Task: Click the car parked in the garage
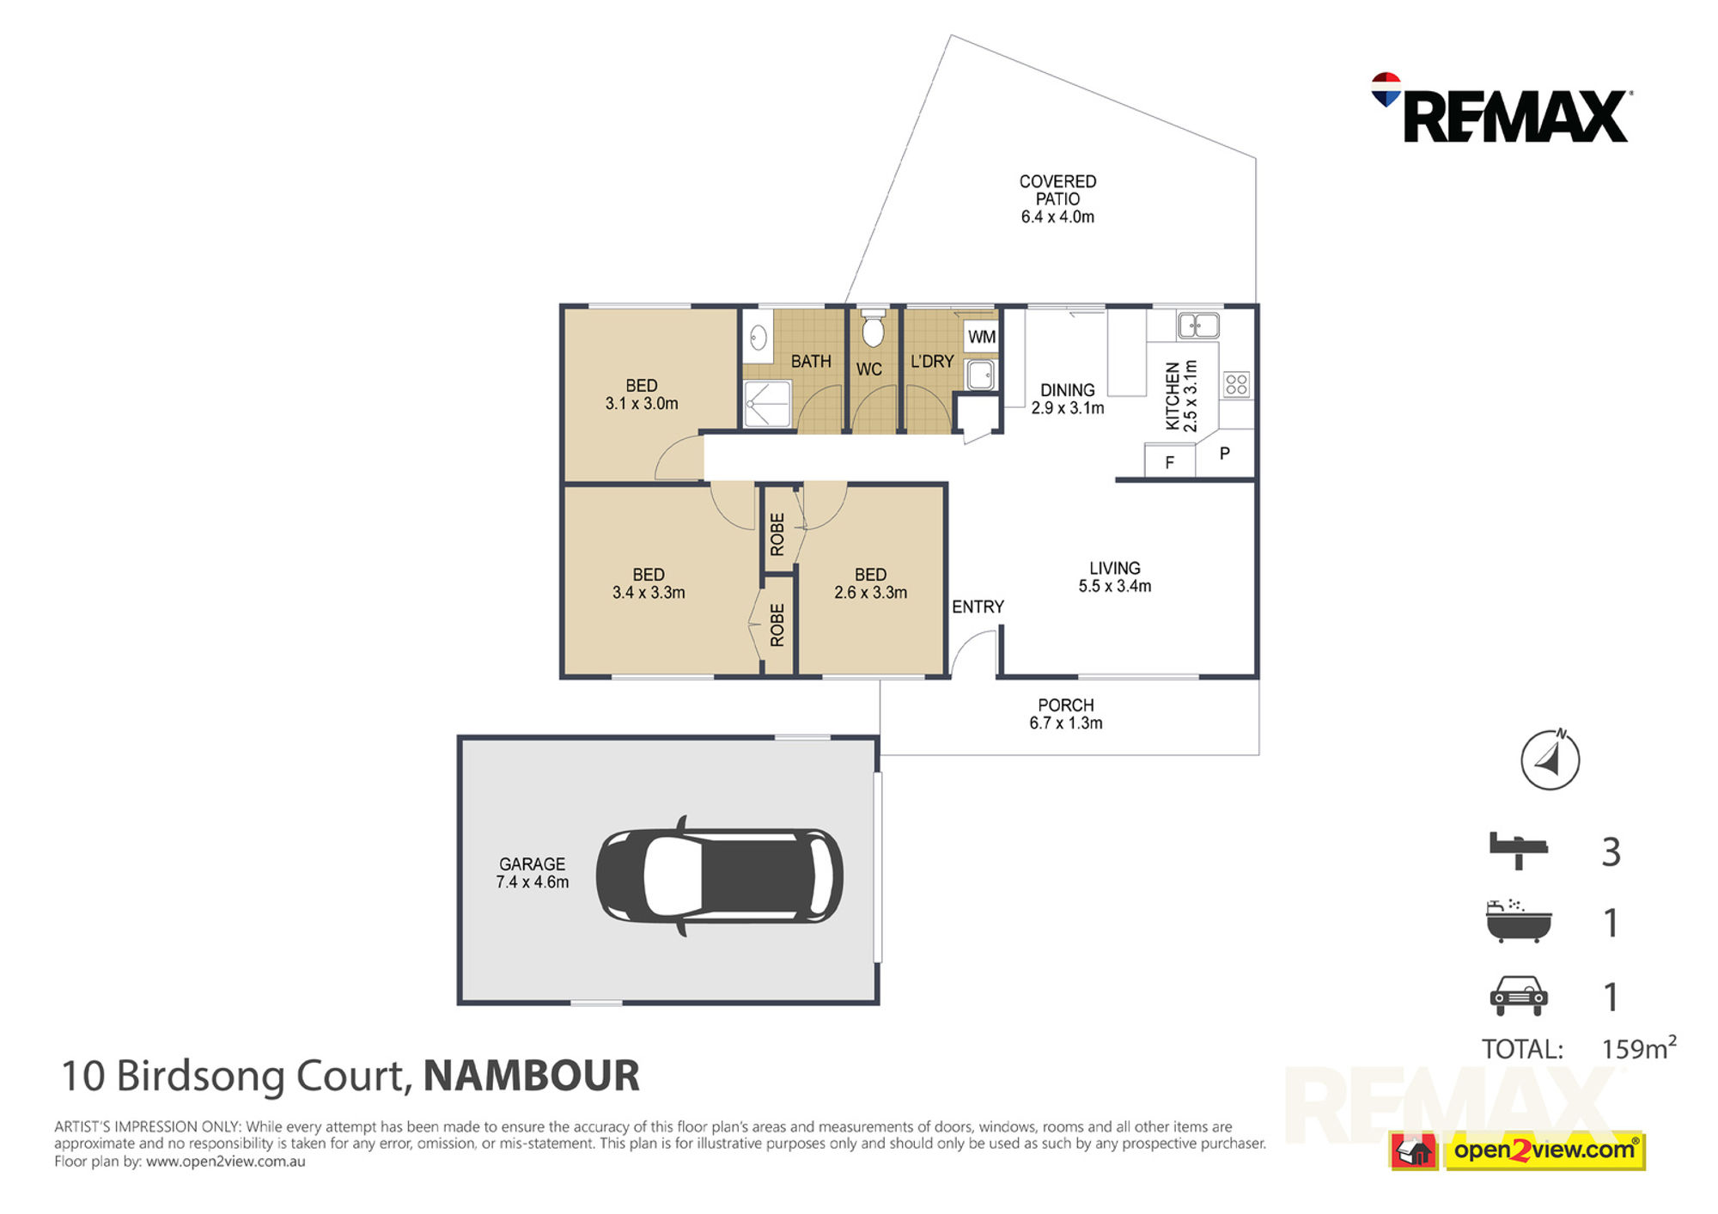click(x=720, y=876)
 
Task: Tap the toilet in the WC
click(x=873, y=327)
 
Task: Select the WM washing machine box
click(x=981, y=337)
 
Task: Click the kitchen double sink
click(x=1198, y=326)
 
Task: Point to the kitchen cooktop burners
click(x=1237, y=384)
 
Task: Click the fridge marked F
click(x=1169, y=461)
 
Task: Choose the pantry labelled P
click(x=1225, y=454)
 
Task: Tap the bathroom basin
click(x=758, y=337)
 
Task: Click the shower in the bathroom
click(x=767, y=404)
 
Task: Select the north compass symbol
click(x=1550, y=760)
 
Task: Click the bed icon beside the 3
click(x=1518, y=850)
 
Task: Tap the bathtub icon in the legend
click(x=1519, y=921)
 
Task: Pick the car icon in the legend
click(x=1519, y=995)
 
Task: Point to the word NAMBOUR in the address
click(x=532, y=1076)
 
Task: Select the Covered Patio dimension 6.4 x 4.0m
click(x=1057, y=217)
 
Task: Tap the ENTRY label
click(x=978, y=607)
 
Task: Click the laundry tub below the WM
click(x=981, y=375)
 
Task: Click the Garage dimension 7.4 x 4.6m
click(x=532, y=882)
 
